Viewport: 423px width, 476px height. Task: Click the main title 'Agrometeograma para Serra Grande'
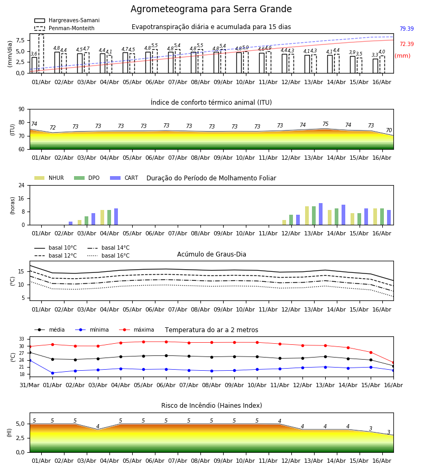(x=211, y=9)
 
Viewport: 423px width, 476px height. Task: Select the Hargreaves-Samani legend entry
(x=67, y=20)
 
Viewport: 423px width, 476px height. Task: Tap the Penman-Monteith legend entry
(x=65, y=28)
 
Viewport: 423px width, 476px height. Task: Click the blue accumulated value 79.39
(x=407, y=29)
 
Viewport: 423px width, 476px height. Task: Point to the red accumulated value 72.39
(x=407, y=44)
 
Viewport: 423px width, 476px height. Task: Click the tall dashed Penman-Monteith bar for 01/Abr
(x=41, y=54)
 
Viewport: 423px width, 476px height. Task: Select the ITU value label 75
(x=325, y=124)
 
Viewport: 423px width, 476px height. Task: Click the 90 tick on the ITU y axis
(x=22, y=109)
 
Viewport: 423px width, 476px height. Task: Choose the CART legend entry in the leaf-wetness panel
(x=124, y=178)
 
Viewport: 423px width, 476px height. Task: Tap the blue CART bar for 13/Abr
(x=321, y=214)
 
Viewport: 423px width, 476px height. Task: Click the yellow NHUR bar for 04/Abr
(x=102, y=217)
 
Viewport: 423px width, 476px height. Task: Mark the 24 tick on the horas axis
(x=22, y=185)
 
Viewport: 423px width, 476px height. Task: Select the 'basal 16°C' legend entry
(x=108, y=255)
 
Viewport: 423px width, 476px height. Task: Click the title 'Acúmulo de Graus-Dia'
(x=212, y=254)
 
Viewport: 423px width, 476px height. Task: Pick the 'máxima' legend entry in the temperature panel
(x=136, y=329)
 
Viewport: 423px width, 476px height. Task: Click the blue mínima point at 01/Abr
(x=52, y=373)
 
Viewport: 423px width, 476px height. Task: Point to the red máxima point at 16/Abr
(x=393, y=363)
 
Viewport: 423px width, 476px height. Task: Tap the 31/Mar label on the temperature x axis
(x=30, y=385)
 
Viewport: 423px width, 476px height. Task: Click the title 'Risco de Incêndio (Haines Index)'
(x=212, y=406)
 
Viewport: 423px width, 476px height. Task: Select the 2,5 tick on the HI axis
(x=21, y=438)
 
